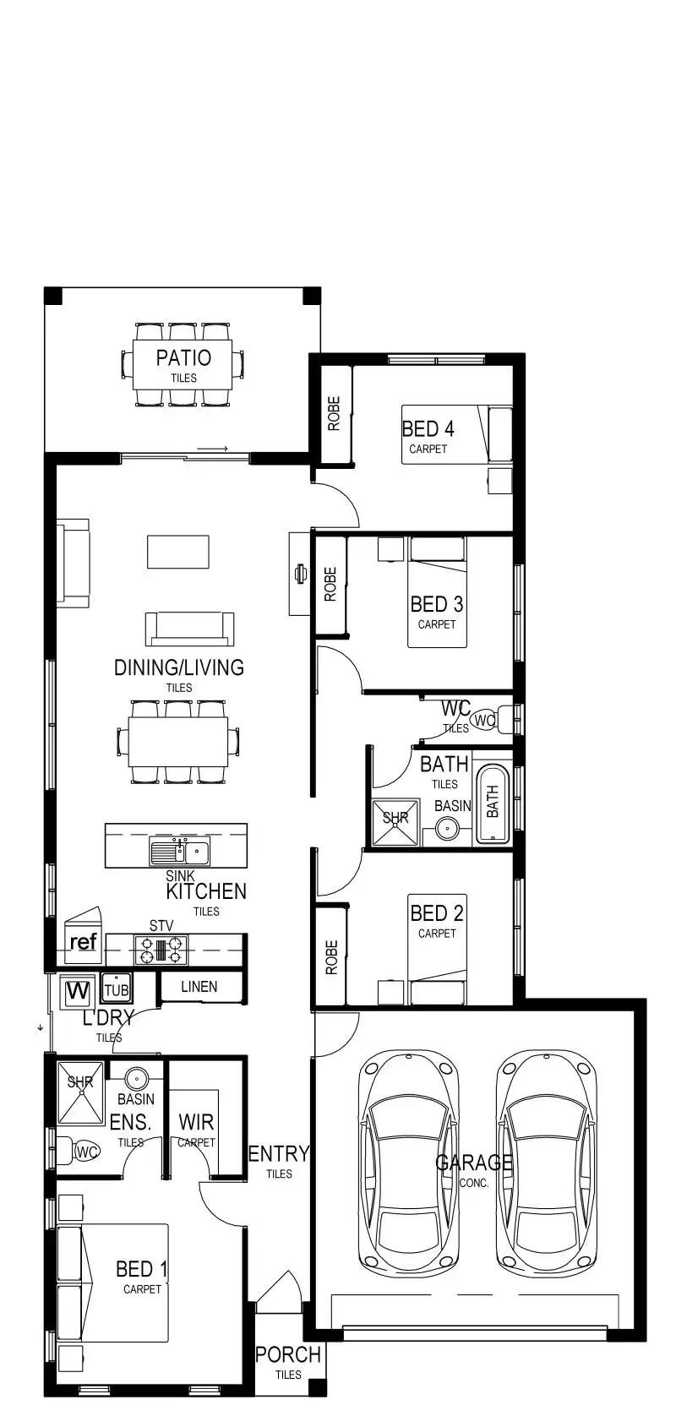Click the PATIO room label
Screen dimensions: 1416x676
click(x=183, y=358)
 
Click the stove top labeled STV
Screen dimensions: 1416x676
click(x=161, y=950)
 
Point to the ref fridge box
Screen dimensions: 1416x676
click(x=83, y=942)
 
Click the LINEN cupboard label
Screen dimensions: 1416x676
click(x=199, y=987)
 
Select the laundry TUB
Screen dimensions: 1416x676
click(x=117, y=989)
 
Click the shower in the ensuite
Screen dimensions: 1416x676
click(x=80, y=1092)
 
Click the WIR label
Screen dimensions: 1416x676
click(x=196, y=1123)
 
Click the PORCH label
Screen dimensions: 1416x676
click(x=288, y=1354)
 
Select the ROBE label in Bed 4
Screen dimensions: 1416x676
click(x=334, y=414)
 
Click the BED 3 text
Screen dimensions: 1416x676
click(x=437, y=604)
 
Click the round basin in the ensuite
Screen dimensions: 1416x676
click(x=136, y=1079)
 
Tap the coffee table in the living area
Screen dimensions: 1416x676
click(x=177, y=552)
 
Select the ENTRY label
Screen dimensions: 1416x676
click(x=279, y=1154)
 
